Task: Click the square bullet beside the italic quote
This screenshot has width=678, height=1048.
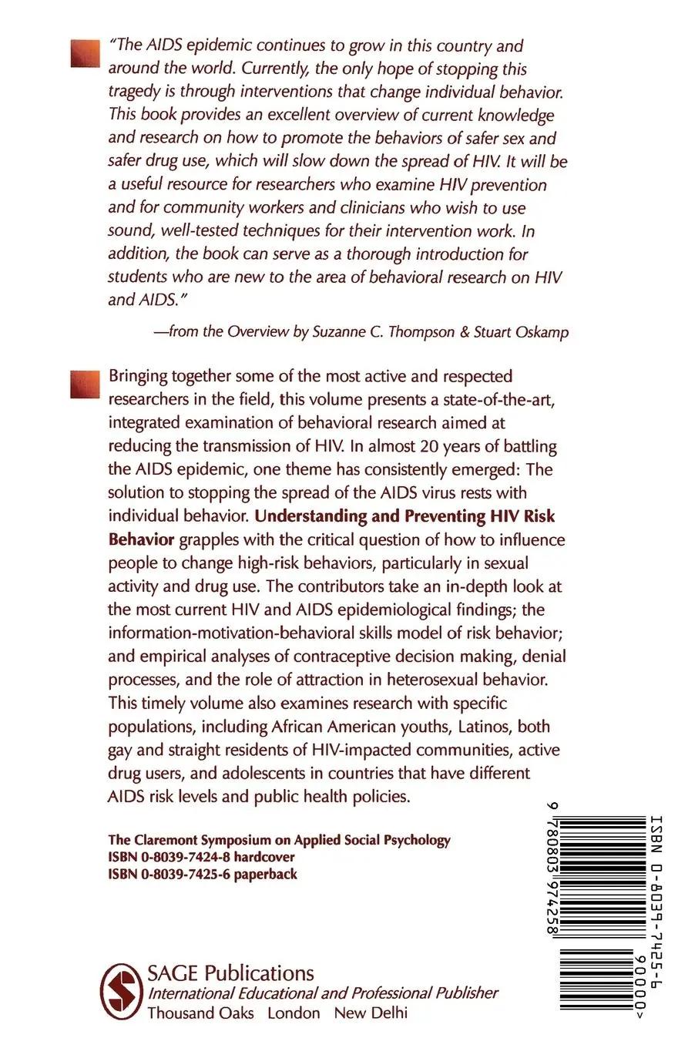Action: pyautogui.click(x=85, y=54)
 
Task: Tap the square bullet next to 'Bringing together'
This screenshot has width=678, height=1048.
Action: pyautogui.click(x=85, y=384)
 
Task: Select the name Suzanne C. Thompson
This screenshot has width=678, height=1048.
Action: pyautogui.click(x=364, y=332)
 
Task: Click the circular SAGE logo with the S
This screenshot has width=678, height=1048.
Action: pyautogui.click(x=121, y=991)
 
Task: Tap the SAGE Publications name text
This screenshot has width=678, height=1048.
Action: pyautogui.click(x=230, y=973)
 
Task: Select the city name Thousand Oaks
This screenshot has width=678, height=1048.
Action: pyautogui.click(x=200, y=1013)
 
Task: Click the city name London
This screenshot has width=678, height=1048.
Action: pyautogui.click(x=294, y=1013)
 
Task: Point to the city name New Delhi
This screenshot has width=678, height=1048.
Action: pyautogui.click(x=371, y=1013)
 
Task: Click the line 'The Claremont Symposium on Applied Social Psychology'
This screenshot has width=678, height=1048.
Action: pyautogui.click(x=279, y=840)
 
